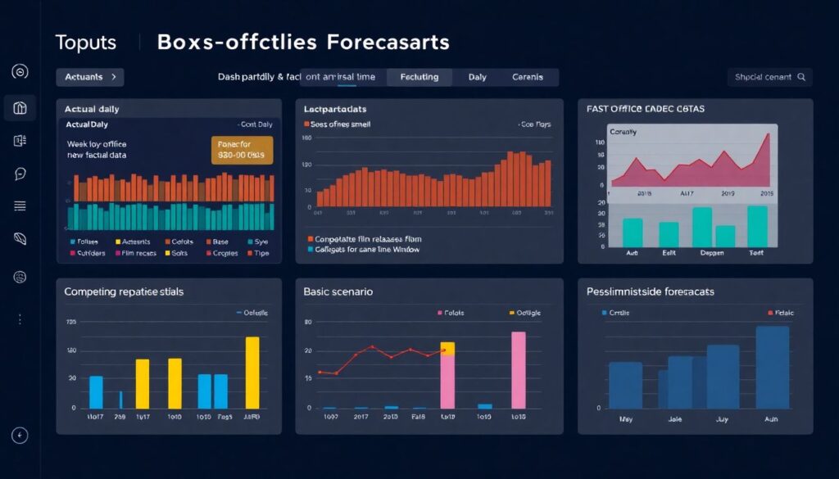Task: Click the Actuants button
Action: tap(89, 77)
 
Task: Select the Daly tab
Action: tap(477, 77)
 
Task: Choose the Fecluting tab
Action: tap(419, 77)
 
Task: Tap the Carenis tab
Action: tap(528, 77)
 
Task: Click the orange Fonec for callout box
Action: tap(242, 150)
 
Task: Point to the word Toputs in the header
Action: tap(86, 43)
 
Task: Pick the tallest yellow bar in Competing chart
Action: tap(252, 373)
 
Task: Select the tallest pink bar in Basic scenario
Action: tap(518, 370)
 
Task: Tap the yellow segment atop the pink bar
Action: tap(447, 348)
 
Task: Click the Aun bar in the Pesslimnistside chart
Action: tap(772, 368)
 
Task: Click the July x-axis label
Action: tap(723, 418)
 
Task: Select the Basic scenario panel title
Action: tap(338, 291)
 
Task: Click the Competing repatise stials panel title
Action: tap(124, 291)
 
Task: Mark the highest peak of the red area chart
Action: tap(769, 134)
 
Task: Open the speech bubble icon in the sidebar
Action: tap(20, 174)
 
